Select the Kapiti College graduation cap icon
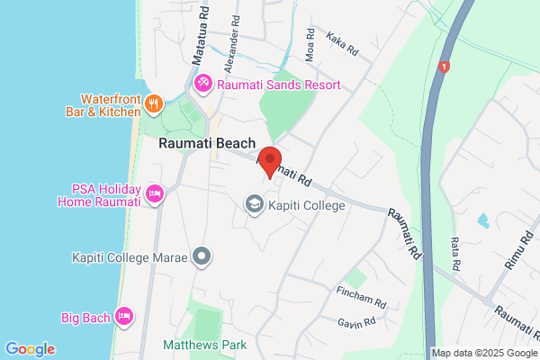(x=255, y=205)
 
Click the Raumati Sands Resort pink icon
(x=204, y=85)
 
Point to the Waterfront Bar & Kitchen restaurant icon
(x=154, y=103)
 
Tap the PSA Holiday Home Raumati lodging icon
(x=154, y=193)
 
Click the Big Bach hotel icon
(x=124, y=316)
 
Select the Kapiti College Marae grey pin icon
(x=202, y=257)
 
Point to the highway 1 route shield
(x=443, y=67)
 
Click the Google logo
(x=30, y=349)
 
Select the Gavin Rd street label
(x=362, y=322)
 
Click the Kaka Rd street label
(x=343, y=42)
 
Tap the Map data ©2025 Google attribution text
(x=484, y=352)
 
